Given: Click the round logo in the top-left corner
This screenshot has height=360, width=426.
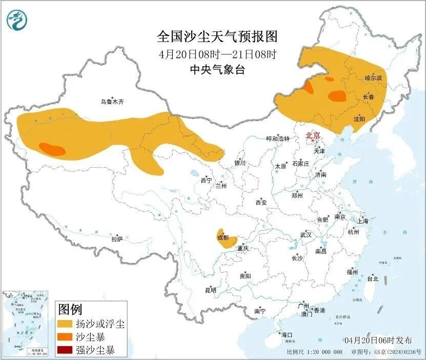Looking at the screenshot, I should click(17, 20).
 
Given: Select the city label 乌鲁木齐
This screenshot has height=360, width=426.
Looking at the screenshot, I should click(112, 102).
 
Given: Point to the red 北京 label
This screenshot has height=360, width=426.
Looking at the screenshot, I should click(313, 135).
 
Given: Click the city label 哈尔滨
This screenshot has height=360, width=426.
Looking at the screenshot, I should click(373, 78).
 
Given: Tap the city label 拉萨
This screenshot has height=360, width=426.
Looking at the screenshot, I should click(117, 238).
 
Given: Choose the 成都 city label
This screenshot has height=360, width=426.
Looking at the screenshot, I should click(223, 237).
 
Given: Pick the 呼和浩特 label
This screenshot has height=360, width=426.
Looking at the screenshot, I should click(278, 138).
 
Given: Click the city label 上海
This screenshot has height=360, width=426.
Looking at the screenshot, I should click(363, 221).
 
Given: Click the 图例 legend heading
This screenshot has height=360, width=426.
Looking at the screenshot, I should click(70, 309).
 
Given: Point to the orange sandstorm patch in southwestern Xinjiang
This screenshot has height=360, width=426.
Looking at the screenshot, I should click(52, 149).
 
